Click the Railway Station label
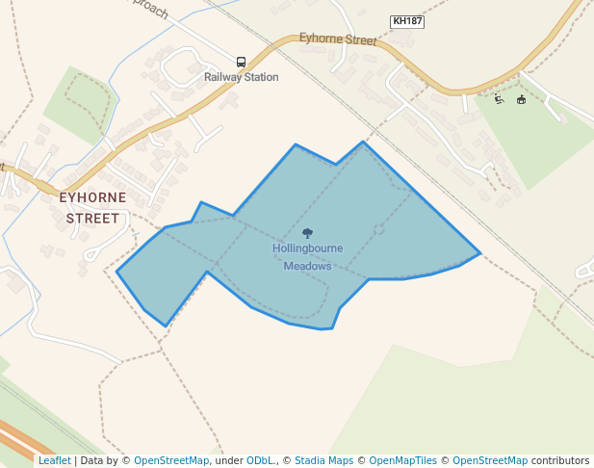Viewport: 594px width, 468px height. [x=241, y=77]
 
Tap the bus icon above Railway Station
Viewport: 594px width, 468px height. [x=241, y=62]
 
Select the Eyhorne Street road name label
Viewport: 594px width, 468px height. [x=337, y=40]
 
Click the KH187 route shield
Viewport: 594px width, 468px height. [x=407, y=21]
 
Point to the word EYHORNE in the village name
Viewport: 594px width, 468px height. [x=92, y=197]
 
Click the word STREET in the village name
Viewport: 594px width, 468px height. [x=92, y=219]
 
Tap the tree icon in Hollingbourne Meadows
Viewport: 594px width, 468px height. [x=307, y=233]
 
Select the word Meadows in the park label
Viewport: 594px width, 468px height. [x=307, y=266]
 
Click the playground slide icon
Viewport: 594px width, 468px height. [x=499, y=99]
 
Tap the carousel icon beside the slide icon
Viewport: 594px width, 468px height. [x=521, y=99]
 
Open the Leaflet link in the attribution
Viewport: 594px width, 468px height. [x=54, y=460]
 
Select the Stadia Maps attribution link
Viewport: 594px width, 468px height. [x=323, y=460]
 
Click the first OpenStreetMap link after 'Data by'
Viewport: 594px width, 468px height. [x=171, y=460]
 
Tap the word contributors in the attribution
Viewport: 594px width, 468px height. [x=559, y=460]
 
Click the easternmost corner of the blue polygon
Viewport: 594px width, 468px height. [x=479, y=253]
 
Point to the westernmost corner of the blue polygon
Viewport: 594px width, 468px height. [x=117, y=273]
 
